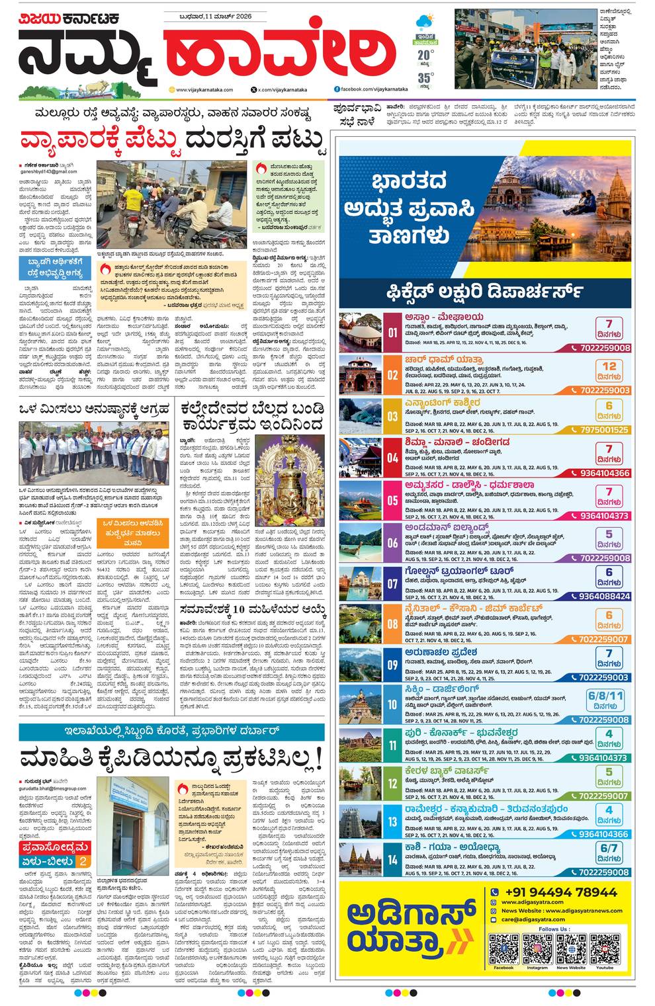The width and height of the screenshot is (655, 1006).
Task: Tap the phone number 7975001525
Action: click(x=605, y=430)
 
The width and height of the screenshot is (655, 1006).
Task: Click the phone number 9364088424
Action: click(x=605, y=597)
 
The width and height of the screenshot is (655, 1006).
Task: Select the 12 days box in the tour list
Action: click(x=609, y=370)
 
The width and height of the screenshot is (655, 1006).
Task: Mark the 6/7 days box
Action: click(x=609, y=852)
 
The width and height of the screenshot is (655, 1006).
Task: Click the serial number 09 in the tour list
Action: click(x=392, y=665)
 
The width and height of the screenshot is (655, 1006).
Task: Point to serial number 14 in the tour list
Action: click(x=392, y=860)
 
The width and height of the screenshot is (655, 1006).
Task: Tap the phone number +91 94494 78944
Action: click(x=560, y=892)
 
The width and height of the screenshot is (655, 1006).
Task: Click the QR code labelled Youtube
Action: click(x=605, y=949)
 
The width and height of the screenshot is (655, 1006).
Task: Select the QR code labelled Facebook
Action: click(x=503, y=949)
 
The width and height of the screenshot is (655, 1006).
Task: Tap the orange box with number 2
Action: click(x=83, y=861)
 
